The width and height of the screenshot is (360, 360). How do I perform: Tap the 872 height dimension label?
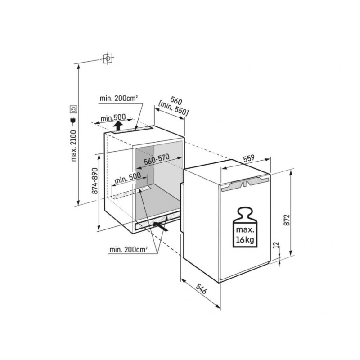[287, 220]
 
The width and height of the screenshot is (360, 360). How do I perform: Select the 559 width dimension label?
[249, 158]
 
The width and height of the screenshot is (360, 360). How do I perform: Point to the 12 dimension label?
[276, 245]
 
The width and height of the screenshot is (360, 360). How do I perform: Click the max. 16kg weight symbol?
[245, 227]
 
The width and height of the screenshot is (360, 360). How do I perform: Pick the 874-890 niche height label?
[94, 181]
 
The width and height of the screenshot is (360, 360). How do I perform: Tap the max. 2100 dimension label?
[73, 146]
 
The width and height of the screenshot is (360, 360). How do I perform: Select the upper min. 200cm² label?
[119, 99]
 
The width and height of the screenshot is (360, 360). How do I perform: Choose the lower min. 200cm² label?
[128, 250]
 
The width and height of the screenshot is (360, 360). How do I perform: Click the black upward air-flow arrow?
[118, 126]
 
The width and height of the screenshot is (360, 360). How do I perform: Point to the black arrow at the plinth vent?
[161, 226]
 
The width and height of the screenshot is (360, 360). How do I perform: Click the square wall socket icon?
[73, 109]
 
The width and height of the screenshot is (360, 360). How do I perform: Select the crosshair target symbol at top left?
[108, 58]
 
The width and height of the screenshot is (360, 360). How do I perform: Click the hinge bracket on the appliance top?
[245, 183]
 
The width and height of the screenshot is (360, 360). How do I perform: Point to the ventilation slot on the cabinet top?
[133, 130]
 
